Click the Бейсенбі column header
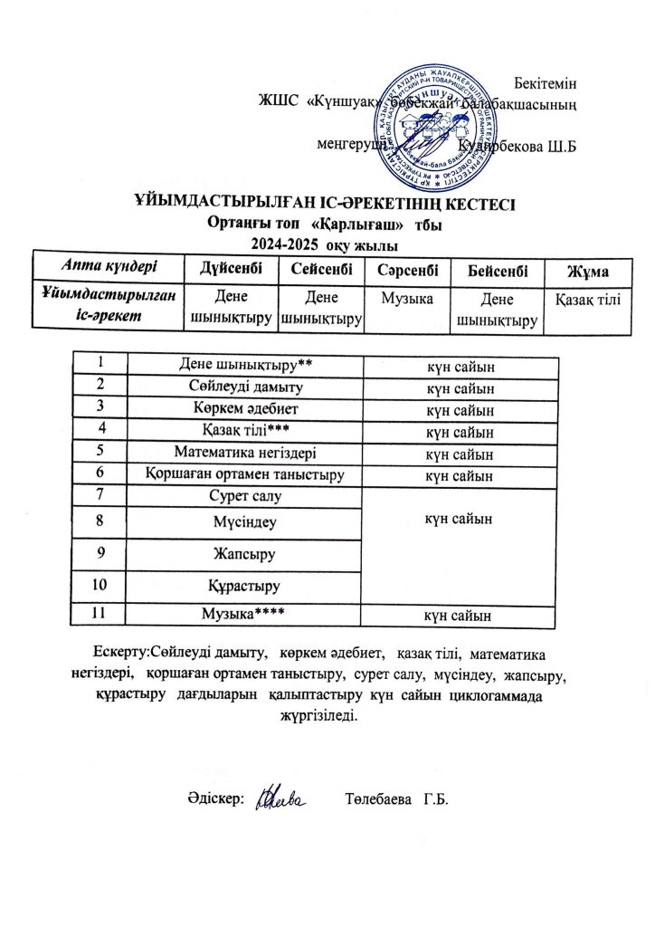tap(495, 272)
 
